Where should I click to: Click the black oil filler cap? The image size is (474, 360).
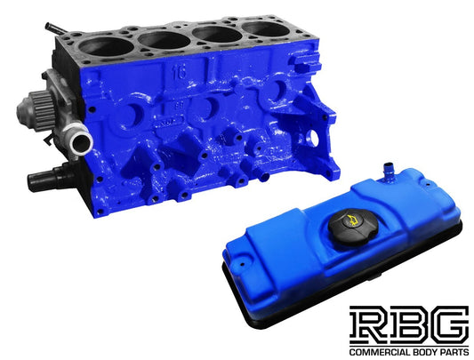pyautogui.click(x=353, y=228)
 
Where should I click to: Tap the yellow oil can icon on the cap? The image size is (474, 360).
pyautogui.click(x=351, y=220)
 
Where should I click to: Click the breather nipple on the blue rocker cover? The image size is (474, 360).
pyautogui.click(x=388, y=172)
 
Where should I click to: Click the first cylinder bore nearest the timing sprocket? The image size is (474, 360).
pyautogui.click(x=107, y=47)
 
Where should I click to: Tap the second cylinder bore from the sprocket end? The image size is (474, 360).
pyautogui.click(x=164, y=40)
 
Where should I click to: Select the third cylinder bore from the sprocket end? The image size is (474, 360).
pyautogui.click(x=217, y=34)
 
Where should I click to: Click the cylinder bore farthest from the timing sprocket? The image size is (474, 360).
pyautogui.click(x=265, y=28)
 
